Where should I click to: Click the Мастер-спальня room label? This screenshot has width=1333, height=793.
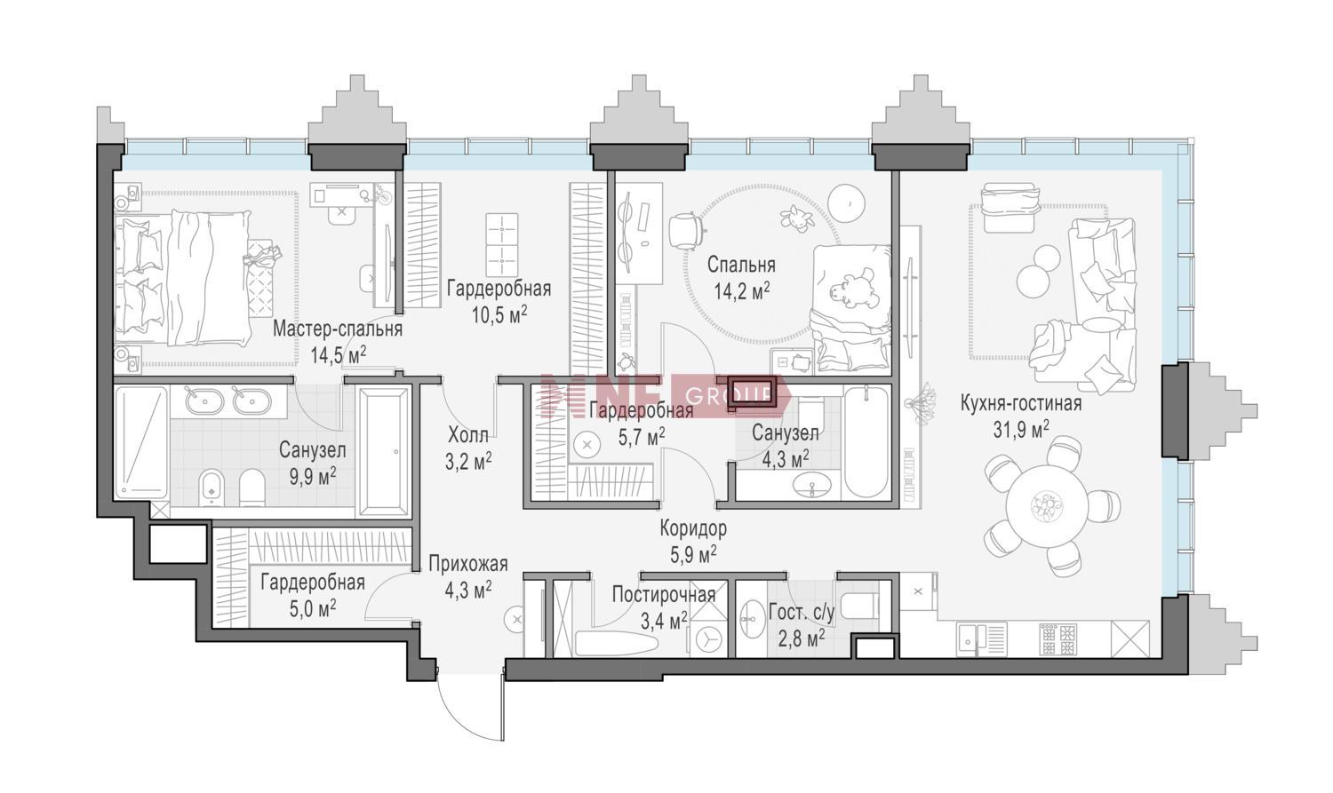point(338,329)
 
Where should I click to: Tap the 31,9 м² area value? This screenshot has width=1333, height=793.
point(1020,429)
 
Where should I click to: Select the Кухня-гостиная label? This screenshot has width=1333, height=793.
point(1020,404)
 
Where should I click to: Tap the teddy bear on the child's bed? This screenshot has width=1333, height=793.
point(850,289)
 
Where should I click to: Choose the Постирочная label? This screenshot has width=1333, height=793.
point(664,594)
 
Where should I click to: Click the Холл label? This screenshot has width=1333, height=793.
point(468,436)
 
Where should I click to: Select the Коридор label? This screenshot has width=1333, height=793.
point(694,527)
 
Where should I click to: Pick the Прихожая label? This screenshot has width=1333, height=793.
point(468,564)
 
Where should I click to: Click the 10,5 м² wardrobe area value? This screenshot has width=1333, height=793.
point(499,315)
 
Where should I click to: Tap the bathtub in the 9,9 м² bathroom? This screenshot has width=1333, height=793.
point(385,453)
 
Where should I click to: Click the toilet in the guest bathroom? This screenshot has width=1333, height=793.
point(858,606)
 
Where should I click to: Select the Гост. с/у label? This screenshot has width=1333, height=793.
point(802,612)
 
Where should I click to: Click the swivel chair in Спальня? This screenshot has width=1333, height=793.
point(685,231)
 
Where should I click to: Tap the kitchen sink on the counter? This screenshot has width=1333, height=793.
point(980,639)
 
